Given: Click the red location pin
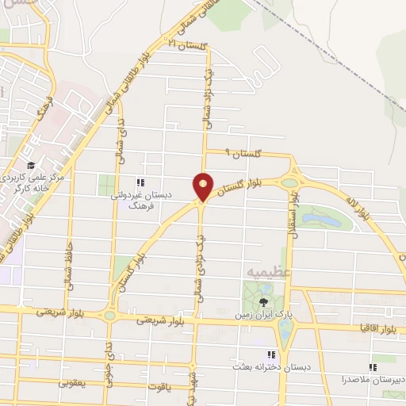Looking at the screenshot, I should pos(203,187).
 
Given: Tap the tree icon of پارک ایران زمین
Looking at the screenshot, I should pos(263,301).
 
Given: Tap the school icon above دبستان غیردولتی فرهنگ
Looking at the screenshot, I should pos(140,181).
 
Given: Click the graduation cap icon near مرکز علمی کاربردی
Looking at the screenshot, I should pos(30,165).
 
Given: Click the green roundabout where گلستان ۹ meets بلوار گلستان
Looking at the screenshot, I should pos(289,182).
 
